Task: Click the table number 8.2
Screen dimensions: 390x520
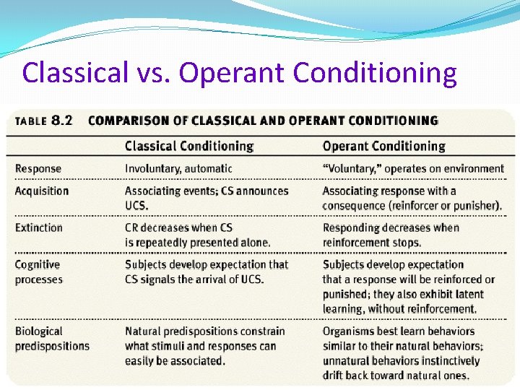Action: [x=62, y=121]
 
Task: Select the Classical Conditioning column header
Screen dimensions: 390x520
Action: [x=188, y=146]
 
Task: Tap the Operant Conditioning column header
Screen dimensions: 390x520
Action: [x=383, y=146]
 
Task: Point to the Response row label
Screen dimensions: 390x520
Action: [x=38, y=168]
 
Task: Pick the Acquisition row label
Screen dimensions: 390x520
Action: [x=42, y=191]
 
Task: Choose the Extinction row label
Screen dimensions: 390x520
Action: [x=39, y=227]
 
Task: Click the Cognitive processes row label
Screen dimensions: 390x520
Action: [x=39, y=272]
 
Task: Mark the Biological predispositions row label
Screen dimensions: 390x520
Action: [x=52, y=338]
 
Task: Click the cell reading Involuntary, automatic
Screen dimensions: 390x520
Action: [x=178, y=168]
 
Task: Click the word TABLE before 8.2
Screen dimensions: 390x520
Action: [x=30, y=121]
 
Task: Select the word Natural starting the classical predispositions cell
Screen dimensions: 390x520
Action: [x=142, y=331]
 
